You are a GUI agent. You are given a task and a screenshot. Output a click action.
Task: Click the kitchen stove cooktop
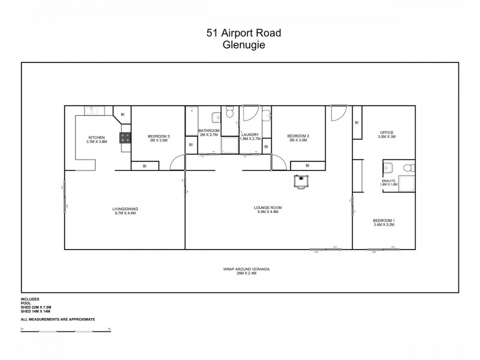click(x=126, y=137)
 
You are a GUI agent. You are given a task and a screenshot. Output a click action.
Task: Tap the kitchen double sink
click(x=94, y=110)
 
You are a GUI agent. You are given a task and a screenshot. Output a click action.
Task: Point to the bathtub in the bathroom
click(x=192, y=120)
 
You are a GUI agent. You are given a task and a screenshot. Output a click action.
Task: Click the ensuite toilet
click(x=408, y=168)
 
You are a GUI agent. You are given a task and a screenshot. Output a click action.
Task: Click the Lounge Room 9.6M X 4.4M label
click(x=269, y=209)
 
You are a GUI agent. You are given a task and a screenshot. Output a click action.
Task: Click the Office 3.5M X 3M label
click(x=386, y=134)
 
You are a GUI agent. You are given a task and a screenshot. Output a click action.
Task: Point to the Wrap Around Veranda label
click(x=246, y=272)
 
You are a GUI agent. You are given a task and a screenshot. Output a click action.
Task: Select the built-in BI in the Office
click(x=356, y=123)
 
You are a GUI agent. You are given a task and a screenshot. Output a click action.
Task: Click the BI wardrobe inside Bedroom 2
click(x=307, y=166)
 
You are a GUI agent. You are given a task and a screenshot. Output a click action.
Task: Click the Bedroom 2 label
click(x=298, y=137)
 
